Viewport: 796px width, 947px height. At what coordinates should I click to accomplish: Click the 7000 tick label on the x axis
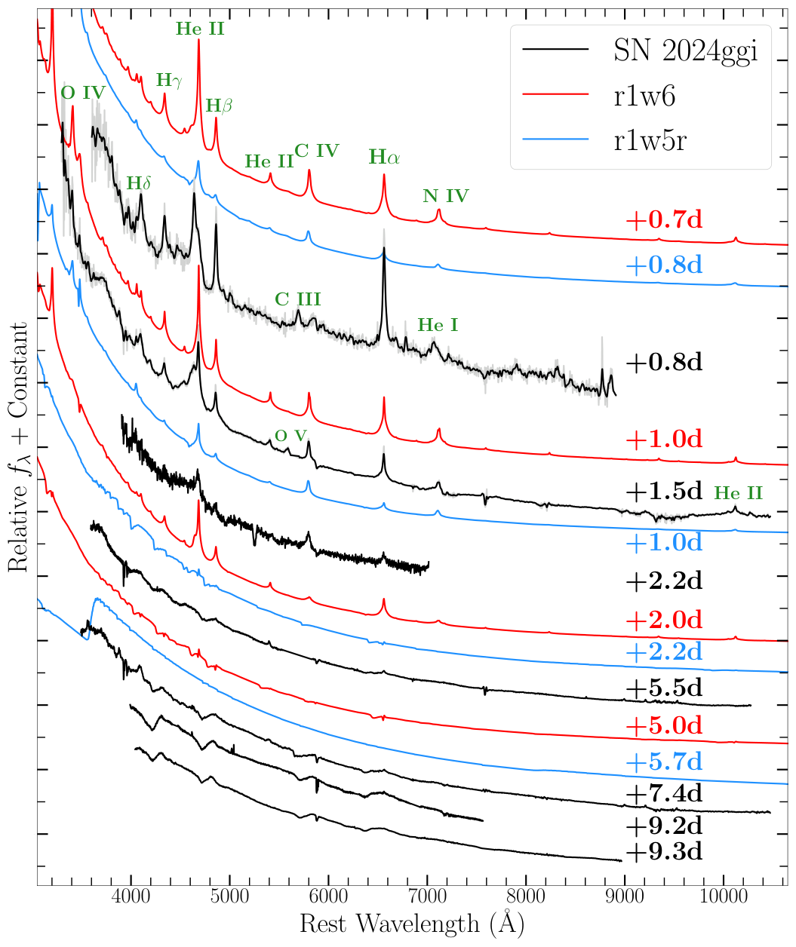tap(428, 900)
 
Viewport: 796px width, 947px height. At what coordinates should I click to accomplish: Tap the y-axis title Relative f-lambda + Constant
tap(20, 445)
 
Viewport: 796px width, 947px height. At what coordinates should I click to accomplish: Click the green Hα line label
tap(384, 158)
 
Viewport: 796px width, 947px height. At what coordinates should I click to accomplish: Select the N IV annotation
tap(446, 197)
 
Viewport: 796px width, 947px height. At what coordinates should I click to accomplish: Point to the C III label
tap(298, 299)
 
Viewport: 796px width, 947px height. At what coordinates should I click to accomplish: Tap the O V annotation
tap(291, 436)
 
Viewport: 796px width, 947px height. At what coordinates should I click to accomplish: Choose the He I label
tap(438, 326)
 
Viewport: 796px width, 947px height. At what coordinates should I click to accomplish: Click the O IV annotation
tap(83, 93)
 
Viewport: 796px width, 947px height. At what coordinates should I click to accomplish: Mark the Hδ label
tap(139, 183)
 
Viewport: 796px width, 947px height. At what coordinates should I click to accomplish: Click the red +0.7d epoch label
tap(663, 220)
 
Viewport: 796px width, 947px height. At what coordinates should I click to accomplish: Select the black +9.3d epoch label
tap(663, 852)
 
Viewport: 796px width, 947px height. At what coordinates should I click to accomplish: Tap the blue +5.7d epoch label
tap(663, 762)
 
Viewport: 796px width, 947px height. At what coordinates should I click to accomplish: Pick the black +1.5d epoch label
tap(663, 491)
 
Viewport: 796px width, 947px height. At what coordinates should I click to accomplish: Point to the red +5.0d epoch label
tap(663, 726)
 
